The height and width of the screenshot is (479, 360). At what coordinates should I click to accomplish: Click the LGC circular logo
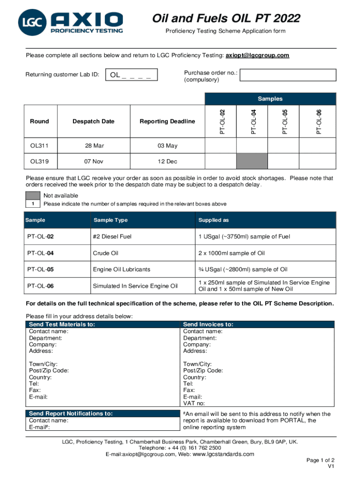pos(32,23)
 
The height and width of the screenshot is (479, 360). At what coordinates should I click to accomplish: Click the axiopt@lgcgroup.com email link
pos(257,55)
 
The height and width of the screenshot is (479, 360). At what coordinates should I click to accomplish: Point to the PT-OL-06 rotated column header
pos(319,121)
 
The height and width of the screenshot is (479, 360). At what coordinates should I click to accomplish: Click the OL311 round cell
pos(39,145)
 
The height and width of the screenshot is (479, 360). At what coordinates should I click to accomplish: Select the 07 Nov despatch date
pos(94,161)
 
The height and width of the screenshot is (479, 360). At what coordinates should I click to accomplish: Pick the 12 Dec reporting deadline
pos(167,161)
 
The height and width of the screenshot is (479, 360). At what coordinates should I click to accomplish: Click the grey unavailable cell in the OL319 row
pos(252,161)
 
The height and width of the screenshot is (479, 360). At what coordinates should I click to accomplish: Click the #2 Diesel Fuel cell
pos(112,237)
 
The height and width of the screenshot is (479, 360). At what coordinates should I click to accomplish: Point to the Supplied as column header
pos(213,220)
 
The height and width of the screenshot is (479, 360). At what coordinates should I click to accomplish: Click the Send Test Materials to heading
pos(62,324)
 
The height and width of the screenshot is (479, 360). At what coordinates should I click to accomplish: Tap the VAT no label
pos(194,403)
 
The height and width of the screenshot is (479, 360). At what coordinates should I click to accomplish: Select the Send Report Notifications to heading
pos(71,414)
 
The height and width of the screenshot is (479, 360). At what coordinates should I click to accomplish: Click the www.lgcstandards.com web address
pos(223,454)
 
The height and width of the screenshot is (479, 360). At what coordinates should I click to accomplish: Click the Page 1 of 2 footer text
pos(320,460)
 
